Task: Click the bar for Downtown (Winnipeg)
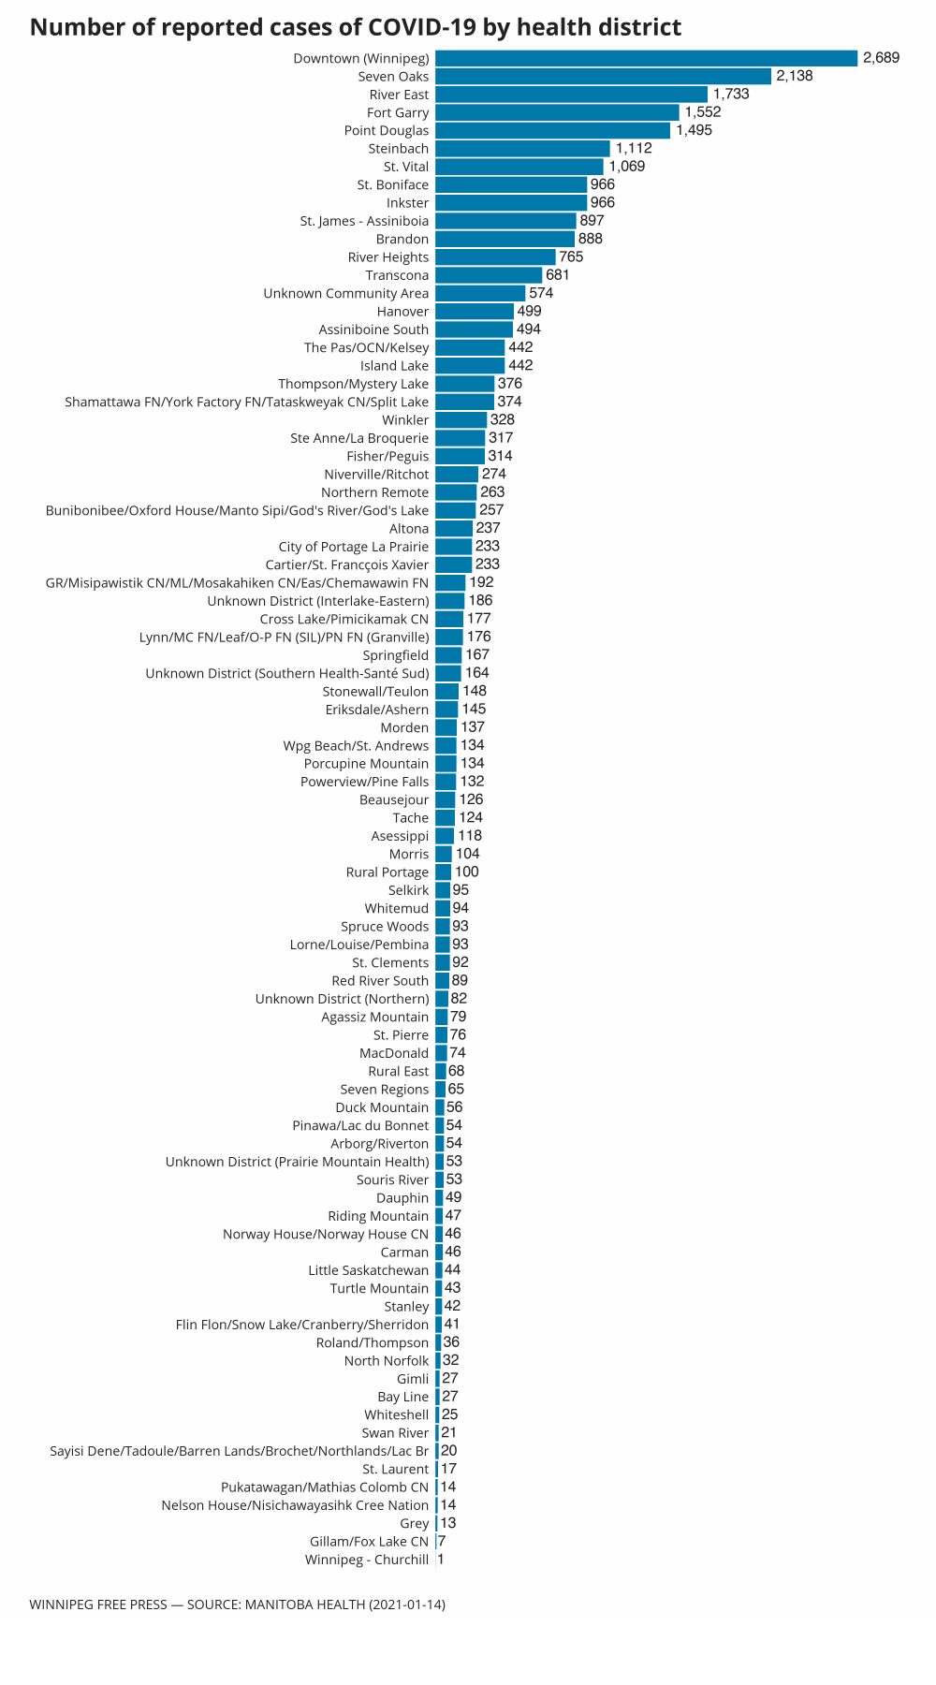(646, 58)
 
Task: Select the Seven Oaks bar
(603, 77)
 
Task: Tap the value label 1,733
(730, 95)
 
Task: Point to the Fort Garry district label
(398, 113)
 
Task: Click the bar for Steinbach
(522, 149)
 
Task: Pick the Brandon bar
(505, 240)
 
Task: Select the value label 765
(571, 257)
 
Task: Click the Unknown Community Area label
(345, 294)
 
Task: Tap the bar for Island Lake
(470, 366)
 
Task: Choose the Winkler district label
(405, 420)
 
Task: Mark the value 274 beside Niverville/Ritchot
(493, 475)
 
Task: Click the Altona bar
(454, 529)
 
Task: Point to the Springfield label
(395, 655)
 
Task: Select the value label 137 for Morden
(472, 728)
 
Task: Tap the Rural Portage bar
(443, 872)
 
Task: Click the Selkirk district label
(408, 890)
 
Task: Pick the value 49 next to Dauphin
(454, 1198)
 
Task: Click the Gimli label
(413, 1379)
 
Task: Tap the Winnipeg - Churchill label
(366, 1560)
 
